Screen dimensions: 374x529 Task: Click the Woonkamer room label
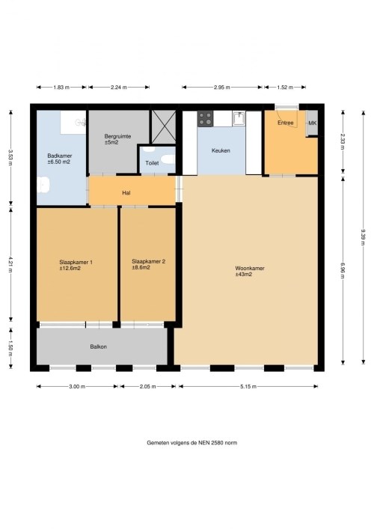coord(250,268)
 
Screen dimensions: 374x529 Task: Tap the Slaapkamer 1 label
coord(76,262)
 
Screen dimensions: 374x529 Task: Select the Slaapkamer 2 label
coord(148,261)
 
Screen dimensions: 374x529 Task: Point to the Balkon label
coord(99,346)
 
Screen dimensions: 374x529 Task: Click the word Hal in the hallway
coord(126,193)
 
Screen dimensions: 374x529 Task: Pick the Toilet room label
coord(152,163)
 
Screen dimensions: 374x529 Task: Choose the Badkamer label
coord(60,156)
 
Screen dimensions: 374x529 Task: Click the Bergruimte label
coord(117,136)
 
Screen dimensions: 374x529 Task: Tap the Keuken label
coord(221,150)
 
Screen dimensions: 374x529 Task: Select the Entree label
coord(285,123)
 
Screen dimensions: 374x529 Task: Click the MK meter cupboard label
coord(312,123)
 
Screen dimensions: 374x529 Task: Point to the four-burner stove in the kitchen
coord(206,119)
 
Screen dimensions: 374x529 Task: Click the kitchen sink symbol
coord(239,118)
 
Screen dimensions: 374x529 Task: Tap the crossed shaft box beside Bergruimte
coord(164,126)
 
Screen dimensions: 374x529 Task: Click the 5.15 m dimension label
coord(248,387)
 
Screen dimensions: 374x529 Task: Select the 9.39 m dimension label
coord(364,237)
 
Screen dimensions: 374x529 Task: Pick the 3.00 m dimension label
coord(77,387)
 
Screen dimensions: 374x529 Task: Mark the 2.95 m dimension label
coord(222,88)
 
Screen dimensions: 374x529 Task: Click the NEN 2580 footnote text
coord(192,443)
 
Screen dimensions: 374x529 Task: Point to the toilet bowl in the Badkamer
coord(43,185)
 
